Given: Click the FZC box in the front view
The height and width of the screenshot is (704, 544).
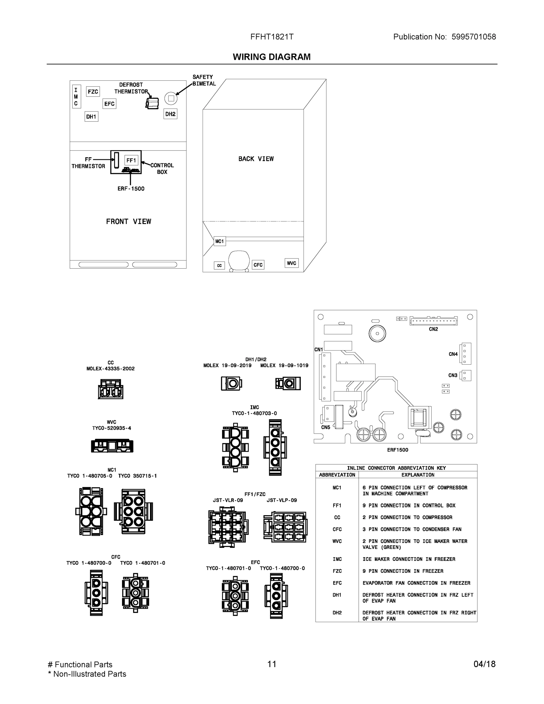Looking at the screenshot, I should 93,92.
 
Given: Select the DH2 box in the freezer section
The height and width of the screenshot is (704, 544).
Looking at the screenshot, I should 170,114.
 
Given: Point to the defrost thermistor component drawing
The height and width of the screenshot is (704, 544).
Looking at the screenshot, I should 152,103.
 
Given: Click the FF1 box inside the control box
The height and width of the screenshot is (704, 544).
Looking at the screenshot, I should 131,160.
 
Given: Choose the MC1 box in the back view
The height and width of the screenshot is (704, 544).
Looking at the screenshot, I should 219,241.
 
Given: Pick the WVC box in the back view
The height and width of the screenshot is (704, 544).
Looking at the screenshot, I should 291,263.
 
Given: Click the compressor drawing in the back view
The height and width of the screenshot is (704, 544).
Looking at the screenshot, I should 239,260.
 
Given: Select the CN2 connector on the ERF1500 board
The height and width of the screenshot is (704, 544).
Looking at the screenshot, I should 433,321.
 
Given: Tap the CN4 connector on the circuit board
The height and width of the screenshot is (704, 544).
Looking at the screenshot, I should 466,353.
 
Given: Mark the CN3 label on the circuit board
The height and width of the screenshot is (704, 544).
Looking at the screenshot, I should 453,375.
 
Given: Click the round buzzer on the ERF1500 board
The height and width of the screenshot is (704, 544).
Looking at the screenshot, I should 377,333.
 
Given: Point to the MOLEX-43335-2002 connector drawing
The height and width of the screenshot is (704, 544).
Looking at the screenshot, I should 111,389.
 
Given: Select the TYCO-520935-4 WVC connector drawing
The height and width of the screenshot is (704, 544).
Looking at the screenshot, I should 112,446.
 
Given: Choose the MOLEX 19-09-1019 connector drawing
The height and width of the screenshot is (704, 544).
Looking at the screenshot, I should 288,384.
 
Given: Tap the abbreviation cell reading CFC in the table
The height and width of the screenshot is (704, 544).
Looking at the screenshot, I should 337,529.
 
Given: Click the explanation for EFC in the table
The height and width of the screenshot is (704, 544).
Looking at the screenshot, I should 416,583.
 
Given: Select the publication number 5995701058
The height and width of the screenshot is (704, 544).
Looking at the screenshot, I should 473,37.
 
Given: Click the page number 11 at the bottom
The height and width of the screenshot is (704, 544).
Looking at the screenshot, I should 272,664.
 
